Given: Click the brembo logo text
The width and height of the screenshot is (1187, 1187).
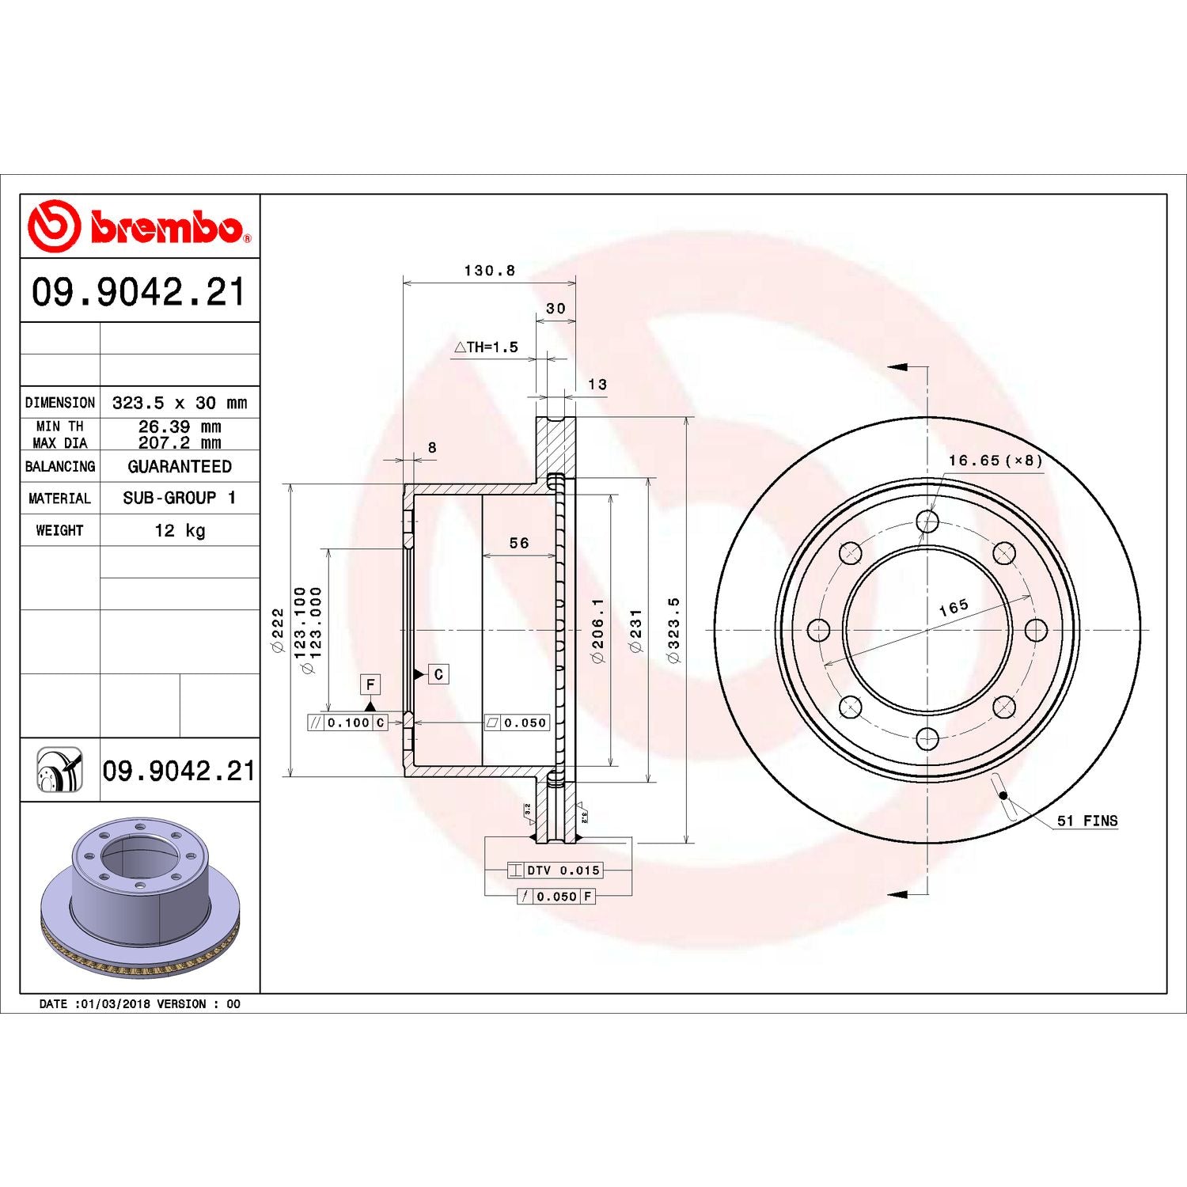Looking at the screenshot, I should click(x=166, y=228).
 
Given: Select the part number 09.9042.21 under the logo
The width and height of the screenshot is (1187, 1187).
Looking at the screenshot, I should click(x=138, y=291).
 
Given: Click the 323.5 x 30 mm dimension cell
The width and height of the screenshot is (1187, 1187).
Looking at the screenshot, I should click(x=180, y=403).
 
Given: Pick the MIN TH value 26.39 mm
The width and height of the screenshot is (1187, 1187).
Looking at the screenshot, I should click(x=180, y=427).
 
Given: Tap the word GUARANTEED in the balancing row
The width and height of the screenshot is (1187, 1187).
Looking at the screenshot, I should click(x=180, y=467).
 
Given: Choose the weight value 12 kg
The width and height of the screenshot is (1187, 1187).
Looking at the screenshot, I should click(x=180, y=530).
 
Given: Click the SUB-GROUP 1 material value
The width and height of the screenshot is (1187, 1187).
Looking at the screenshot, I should click(x=180, y=498).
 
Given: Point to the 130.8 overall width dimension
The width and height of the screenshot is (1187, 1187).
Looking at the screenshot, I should click(x=489, y=271).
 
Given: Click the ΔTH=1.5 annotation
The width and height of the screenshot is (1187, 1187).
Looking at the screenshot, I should click(x=487, y=347).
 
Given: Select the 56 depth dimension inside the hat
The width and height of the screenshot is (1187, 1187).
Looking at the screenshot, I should click(x=519, y=543).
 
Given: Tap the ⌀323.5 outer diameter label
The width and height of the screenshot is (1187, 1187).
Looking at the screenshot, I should click(x=673, y=630).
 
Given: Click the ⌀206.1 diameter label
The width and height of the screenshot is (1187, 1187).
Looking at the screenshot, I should click(x=597, y=630).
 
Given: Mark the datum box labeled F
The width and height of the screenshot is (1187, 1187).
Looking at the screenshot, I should click(x=370, y=684).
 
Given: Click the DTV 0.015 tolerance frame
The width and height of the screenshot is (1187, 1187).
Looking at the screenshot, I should click(x=556, y=870).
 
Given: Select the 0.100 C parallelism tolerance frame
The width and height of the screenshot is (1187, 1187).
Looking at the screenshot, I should click(x=348, y=722).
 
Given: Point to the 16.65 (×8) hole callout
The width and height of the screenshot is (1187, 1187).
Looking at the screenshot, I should click(x=995, y=461).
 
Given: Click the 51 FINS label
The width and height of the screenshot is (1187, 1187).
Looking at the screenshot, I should click(x=1087, y=821).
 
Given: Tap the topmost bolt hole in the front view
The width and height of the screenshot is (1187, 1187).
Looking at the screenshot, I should click(x=927, y=521).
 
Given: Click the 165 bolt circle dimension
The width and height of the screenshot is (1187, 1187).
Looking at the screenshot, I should click(x=953, y=607).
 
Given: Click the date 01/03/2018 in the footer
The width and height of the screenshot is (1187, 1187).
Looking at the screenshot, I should click(x=115, y=1004).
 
